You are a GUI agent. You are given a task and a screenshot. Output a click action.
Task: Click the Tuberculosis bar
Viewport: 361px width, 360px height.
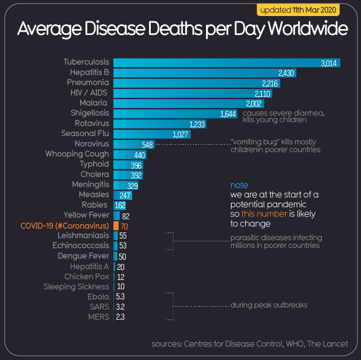pos(226,62)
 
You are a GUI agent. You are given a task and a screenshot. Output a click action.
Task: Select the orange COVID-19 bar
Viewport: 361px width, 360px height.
pos(116,226)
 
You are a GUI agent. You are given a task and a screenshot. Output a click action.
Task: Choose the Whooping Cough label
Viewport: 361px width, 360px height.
pos(77,154)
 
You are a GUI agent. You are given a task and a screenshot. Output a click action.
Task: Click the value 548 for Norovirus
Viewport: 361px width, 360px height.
pos(148,144)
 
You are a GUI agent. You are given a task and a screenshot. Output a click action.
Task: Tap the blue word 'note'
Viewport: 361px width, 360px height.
pos(239,185)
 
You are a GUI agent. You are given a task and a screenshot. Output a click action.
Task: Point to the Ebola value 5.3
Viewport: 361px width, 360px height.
pos(121,297)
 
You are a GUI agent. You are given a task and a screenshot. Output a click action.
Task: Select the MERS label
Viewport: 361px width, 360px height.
pos(98,317)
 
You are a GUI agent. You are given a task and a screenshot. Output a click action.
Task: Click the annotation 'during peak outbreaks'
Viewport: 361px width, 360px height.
pos(268,305)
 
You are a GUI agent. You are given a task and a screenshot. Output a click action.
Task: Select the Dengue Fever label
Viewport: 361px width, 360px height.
pos(83,256)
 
